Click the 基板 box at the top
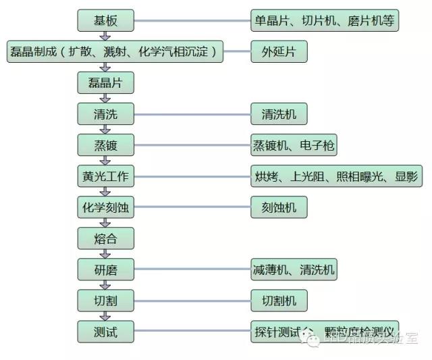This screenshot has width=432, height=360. pyautogui.click(x=105, y=21)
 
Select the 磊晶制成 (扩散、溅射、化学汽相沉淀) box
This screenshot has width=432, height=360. pyautogui.click(x=114, y=51)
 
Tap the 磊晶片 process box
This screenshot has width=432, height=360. pyautogui.click(x=105, y=83)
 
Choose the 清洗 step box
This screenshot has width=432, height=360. pyautogui.click(x=105, y=114)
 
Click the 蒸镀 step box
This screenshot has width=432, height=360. pyautogui.click(x=105, y=145)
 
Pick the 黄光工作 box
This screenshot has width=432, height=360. pyautogui.click(x=105, y=177)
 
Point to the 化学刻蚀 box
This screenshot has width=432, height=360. pyautogui.click(x=105, y=208)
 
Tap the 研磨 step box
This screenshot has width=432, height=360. pyautogui.click(x=105, y=270)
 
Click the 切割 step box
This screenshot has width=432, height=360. pyautogui.click(x=105, y=301)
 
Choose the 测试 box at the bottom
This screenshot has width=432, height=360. pyautogui.click(x=105, y=332)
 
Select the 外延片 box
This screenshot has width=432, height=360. pyautogui.click(x=278, y=51)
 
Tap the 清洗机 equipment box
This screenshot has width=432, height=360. pyautogui.click(x=278, y=114)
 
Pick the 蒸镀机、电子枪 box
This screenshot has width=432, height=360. pyautogui.click(x=294, y=145)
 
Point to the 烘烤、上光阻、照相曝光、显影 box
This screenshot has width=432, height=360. pyautogui.click(x=335, y=177)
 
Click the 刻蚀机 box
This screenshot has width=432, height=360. pyautogui.click(x=278, y=208)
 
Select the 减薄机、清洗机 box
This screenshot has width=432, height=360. pyautogui.click(x=294, y=270)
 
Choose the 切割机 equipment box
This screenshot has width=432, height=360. pyautogui.click(x=278, y=301)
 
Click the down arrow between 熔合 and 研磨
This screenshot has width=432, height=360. pyautogui.click(x=105, y=254)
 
